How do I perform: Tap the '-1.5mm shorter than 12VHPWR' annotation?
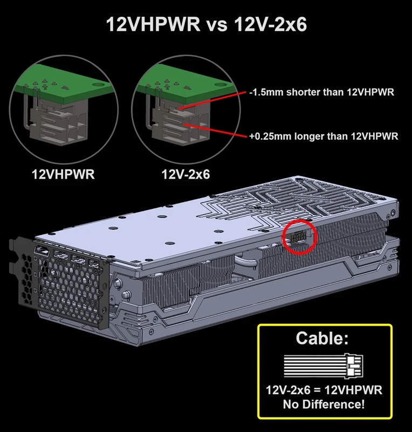click(x=322, y=92)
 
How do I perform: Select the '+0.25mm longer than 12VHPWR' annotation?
click(x=324, y=137)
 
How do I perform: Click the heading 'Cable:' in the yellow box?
click(x=322, y=339)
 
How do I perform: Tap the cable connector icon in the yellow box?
click(x=323, y=367)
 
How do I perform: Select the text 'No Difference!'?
click(x=324, y=404)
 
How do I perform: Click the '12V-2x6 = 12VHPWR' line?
click(x=324, y=390)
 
